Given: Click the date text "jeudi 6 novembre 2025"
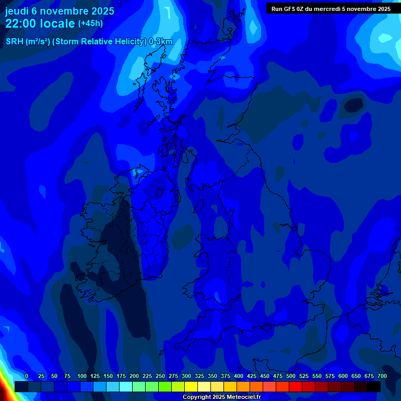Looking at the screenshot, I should (x=60, y=11).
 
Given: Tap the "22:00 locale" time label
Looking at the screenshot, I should (x=40, y=23).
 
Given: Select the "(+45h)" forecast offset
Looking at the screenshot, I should (x=90, y=23).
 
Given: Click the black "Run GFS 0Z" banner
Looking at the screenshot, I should (x=331, y=9).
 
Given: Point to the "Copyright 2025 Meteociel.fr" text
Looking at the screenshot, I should (x=221, y=397).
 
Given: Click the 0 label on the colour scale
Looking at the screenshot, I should (x=27, y=376).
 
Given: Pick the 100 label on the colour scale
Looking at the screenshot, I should (x=82, y=376).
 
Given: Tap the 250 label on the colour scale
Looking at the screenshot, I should (x=160, y=376).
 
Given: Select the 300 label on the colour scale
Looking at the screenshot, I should (x=186, y=376).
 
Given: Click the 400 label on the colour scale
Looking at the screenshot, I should (x=239, y=376).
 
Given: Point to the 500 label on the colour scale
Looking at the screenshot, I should (x=291, y=376).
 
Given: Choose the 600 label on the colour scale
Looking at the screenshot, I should (x=343, y=376).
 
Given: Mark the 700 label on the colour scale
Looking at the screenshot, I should (x=382, y=376).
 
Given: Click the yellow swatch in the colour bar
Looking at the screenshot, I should (x=191, y=386).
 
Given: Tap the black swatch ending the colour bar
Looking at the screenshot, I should (x=374, y=386).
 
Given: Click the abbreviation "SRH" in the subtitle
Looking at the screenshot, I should (x=15, y=42).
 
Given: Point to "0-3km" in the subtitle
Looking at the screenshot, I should (x=160, y=42).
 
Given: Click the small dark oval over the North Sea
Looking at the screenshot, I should (x=354, y=105).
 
